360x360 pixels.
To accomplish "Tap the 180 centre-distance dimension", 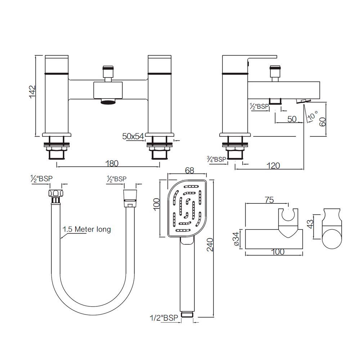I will tap(112, 163).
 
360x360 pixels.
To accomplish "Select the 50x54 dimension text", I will tap(133, 136).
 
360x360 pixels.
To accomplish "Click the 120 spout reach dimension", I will tap(274, 165).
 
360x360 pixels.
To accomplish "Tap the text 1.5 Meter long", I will tap(86, 229).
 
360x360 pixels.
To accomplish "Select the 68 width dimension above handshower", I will tap(188, 171).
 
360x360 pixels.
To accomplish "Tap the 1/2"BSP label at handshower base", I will tap(164, 317).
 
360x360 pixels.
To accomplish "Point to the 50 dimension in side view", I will tap(292, 119).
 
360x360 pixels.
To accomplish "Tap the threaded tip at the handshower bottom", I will tap(187, 314).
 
